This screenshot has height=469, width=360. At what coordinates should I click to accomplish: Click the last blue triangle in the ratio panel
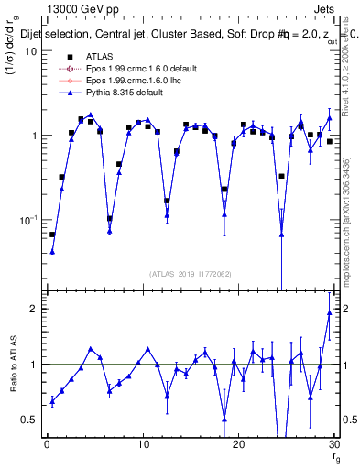[x=329, y=313]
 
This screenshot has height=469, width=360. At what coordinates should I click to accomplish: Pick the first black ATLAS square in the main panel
[x=52, y=234]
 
